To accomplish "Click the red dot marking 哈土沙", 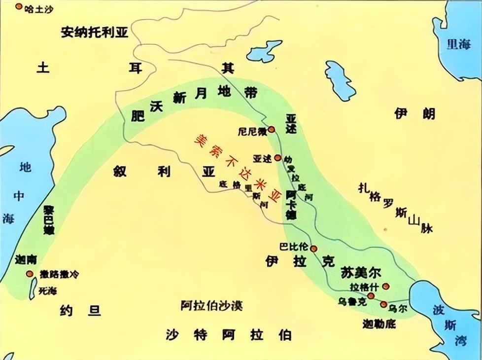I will (x=19, y=7).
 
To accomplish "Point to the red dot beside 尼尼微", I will (x=271, y=129).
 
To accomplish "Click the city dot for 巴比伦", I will (x=312, y=249).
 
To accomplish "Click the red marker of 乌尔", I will (x=384, y=304).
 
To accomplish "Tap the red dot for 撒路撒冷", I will (x=30, y=274).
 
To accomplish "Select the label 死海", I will (x=48, y=290).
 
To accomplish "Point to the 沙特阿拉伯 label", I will (x=228, y=335).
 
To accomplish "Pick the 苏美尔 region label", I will (x=361, y=272).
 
